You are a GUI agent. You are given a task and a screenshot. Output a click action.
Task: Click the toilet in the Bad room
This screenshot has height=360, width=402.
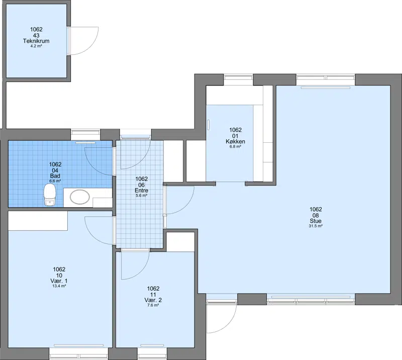[50, 196]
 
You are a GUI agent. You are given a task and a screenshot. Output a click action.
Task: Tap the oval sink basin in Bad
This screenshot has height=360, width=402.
[80, 197]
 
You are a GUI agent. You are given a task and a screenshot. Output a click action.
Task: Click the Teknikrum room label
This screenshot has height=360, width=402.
[36, 41]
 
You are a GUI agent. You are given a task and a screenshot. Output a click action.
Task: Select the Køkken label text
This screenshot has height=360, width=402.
[235, 141]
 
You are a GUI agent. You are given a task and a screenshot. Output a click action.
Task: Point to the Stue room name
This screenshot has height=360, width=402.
[316, 221]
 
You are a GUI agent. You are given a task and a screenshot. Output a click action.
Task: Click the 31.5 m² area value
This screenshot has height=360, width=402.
[316, 226]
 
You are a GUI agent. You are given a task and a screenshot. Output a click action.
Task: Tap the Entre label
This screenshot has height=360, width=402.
[141, 191]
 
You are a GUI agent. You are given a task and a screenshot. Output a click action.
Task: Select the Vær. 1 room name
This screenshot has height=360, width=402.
[59, 281]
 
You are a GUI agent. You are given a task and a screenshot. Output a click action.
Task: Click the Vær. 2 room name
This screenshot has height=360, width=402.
[153, 300]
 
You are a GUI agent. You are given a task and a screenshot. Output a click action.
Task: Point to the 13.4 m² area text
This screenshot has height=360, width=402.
[59, 286]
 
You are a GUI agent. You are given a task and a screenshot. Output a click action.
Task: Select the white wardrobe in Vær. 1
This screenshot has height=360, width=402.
[38, 221]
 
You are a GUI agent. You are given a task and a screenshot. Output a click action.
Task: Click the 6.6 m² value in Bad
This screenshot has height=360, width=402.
[55, 181]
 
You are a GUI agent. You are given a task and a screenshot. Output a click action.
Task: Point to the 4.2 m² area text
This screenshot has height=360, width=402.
[36, 46]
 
